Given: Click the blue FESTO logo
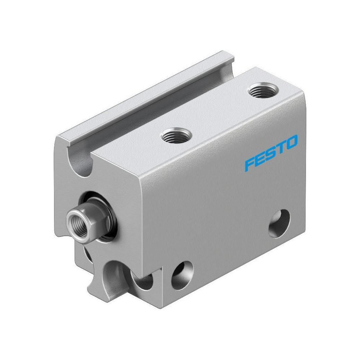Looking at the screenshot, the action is (x=271, y=153).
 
